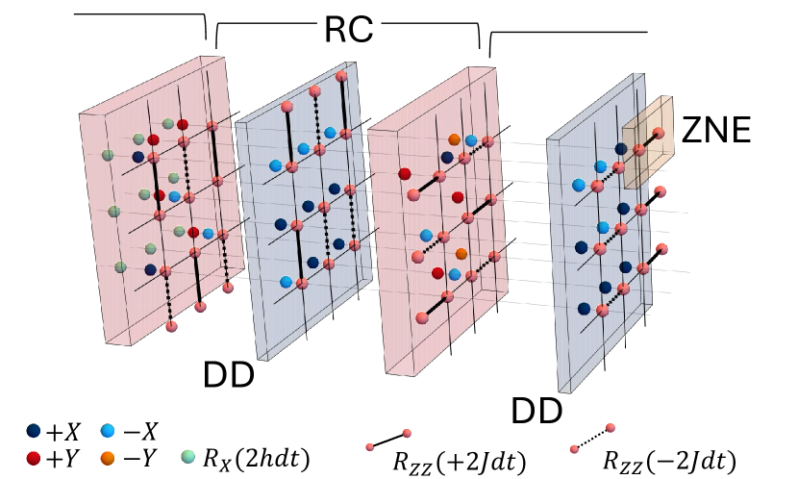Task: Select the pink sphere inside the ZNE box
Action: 660,133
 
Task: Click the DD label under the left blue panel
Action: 228,372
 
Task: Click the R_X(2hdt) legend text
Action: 255,459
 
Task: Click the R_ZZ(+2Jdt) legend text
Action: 459,461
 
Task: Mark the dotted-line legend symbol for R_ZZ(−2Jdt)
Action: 590,438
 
